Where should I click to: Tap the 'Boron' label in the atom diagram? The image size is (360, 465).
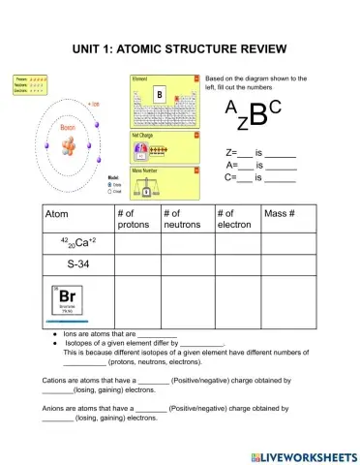[65, 126]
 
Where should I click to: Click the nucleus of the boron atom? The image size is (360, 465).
[66, 146]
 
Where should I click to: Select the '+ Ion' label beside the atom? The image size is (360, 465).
[93, 103]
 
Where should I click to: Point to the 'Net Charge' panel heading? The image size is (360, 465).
[143, 136]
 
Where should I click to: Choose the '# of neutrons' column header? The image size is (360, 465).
[182, 219]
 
